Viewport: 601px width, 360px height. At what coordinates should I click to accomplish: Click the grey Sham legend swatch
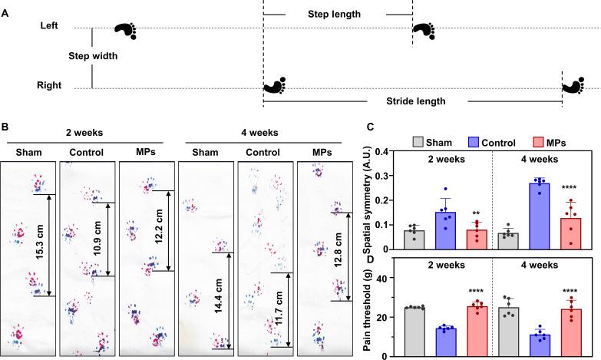(x=418, y=142)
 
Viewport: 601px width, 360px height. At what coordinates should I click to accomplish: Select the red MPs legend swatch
(x=539, y=142)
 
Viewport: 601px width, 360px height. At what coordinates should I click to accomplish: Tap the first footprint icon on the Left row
(x=124, y=30)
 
